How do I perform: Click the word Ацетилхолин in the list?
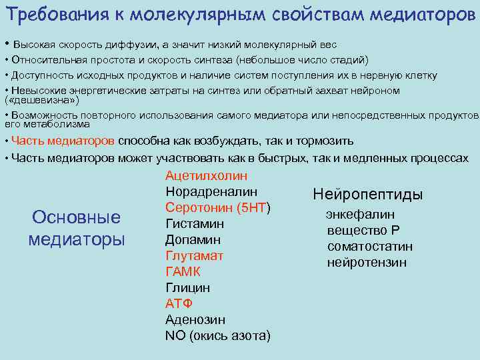206,176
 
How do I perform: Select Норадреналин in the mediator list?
211,192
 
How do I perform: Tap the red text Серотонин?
197,208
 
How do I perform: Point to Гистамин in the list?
194,224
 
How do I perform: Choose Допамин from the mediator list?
193,240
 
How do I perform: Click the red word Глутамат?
194,256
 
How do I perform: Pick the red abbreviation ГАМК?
183,272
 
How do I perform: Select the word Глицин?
187,288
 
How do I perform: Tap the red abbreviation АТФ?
179,304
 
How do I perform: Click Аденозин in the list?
195,320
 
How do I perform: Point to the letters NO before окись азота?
175,336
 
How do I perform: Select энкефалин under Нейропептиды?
360,215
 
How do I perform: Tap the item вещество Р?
363,231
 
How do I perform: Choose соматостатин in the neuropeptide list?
369,247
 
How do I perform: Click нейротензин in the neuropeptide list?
366,263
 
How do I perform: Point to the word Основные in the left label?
77,217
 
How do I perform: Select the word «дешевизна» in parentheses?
42,101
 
